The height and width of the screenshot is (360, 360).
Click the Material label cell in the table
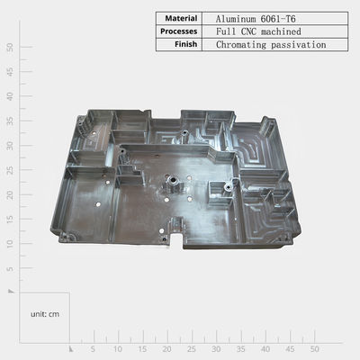(181, 19)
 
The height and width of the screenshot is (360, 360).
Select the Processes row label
(179, 31)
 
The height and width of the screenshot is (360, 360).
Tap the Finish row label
(186, 44)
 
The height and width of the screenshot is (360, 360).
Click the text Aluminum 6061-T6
(256, 19)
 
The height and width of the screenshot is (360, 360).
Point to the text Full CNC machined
(258, 31)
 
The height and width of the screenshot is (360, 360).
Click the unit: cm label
(45, 314)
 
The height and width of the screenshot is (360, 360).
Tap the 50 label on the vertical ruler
(10, 47)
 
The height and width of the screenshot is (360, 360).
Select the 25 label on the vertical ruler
(10, 170)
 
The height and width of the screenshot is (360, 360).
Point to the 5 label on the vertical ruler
(10, 268)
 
